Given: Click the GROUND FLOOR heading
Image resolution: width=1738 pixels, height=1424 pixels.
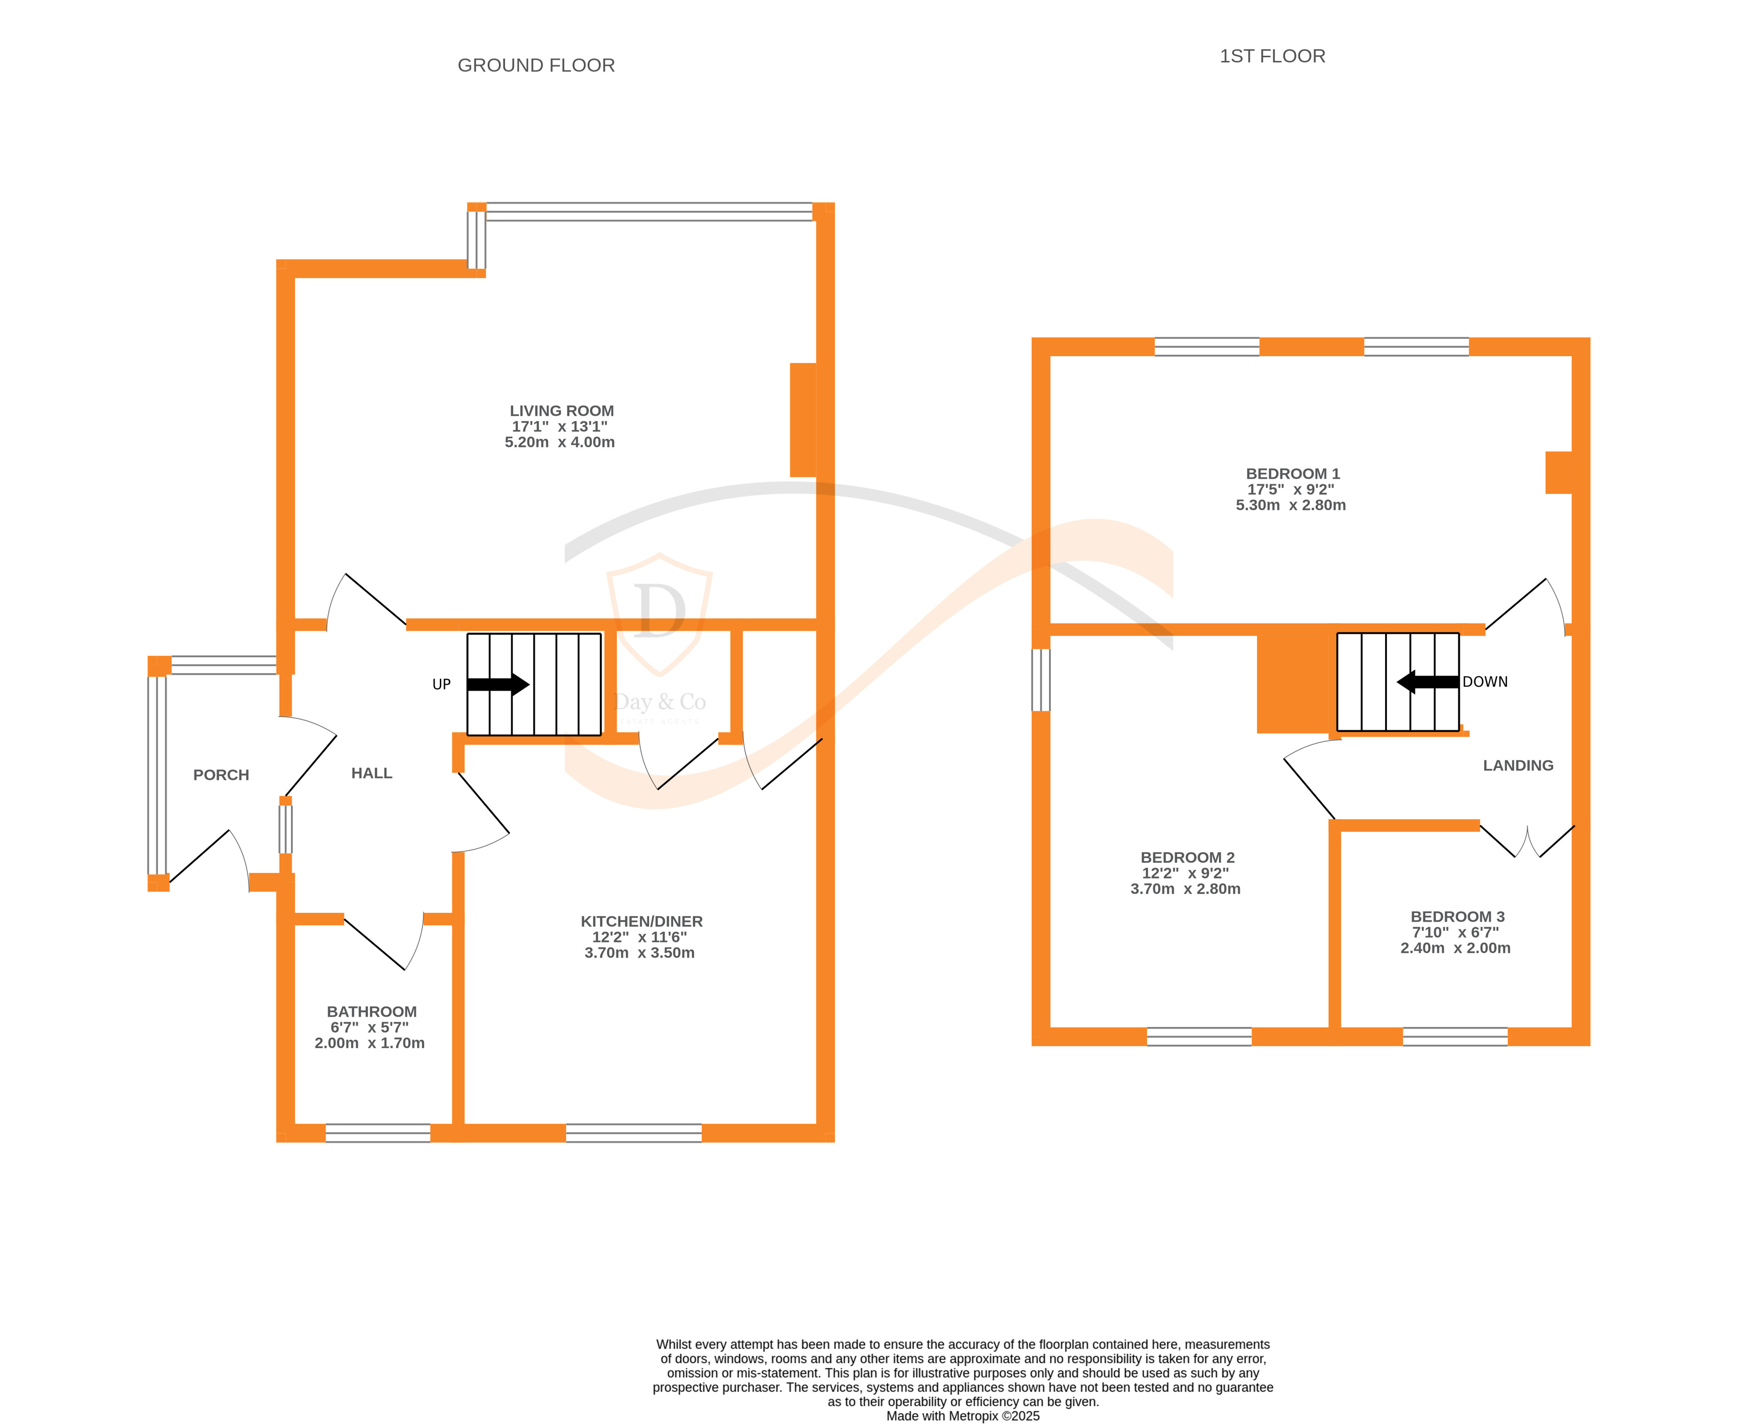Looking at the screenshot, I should point(536,66).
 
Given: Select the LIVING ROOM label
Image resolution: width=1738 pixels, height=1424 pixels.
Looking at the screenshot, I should point(561,411).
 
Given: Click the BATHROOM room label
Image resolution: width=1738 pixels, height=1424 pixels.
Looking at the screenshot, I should point(372,1012).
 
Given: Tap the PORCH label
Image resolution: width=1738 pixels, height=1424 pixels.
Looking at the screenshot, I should point(221,775).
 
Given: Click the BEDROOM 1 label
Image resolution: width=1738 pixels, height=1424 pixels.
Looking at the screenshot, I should point(1293,474).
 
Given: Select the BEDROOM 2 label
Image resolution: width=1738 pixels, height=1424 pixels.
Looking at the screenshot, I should point(1187,857).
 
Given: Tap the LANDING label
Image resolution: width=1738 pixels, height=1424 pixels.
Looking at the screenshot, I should point(1518,765).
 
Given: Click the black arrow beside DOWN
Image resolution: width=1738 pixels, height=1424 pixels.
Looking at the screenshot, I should point(1428,682).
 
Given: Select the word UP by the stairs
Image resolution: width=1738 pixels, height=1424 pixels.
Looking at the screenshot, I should point(442,684).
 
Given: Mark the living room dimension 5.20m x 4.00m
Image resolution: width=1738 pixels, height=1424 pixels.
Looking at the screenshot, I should point(559,442).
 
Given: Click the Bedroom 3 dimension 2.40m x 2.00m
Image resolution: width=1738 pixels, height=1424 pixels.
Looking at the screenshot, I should point(1455,948).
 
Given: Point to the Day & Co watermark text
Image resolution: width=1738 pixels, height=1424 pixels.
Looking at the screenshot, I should point(660,702).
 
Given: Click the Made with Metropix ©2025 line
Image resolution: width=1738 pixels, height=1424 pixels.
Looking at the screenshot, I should point(963,1416).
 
